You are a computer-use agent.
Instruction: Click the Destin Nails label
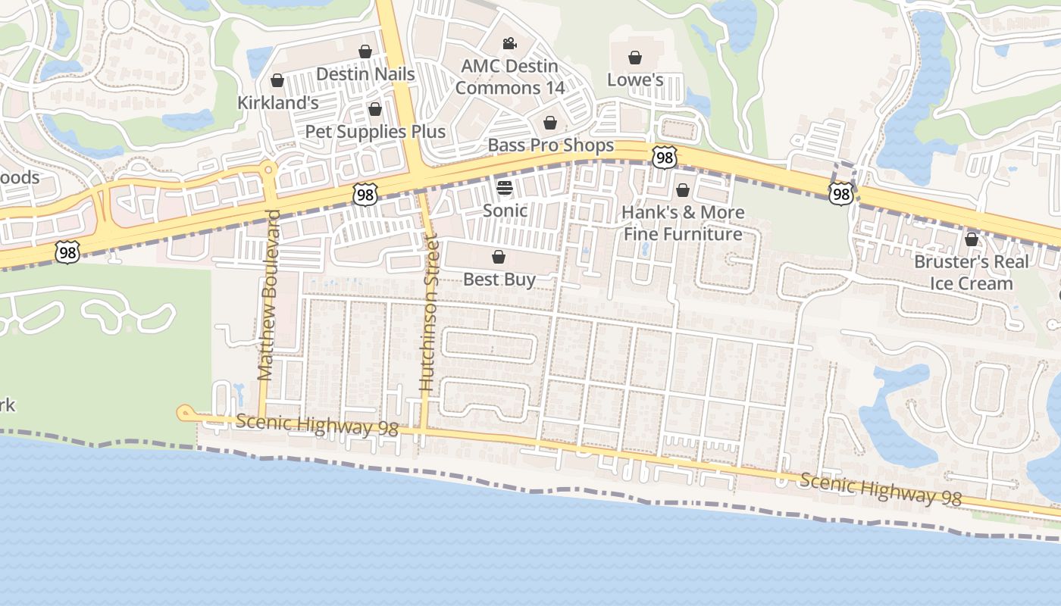(x=365, y=73)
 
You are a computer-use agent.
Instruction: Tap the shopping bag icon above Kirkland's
(x=277, y=80)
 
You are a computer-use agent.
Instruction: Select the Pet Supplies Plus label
(x=375, y=131)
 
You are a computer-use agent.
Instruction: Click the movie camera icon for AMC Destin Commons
(x=509, y=43)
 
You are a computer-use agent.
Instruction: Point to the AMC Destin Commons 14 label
(x=510, y=77)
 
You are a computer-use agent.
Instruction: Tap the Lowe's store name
(x=635, y=80)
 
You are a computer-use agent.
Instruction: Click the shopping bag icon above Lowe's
(x=635, y=58)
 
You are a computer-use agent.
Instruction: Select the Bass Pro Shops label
(x=551, y=145)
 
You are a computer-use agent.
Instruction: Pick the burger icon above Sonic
(x=505, y=187)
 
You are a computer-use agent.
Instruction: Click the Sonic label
(x=505, y=210)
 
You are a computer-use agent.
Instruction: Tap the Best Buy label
(x=499, y=279)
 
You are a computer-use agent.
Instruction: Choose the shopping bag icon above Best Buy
(x=499, y=258)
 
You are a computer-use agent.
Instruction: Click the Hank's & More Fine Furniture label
(x=683, y=223)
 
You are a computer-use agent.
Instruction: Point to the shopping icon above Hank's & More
(x=683, y=190)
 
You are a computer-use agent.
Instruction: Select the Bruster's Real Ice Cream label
(x=972, y=273)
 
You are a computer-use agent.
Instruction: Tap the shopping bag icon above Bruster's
(x=972, y=240)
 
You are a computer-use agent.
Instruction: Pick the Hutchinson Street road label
(x=429, y=313)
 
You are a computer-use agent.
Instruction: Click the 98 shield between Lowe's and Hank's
(x=663, y=158)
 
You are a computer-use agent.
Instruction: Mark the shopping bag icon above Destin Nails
(x=365, y=52)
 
